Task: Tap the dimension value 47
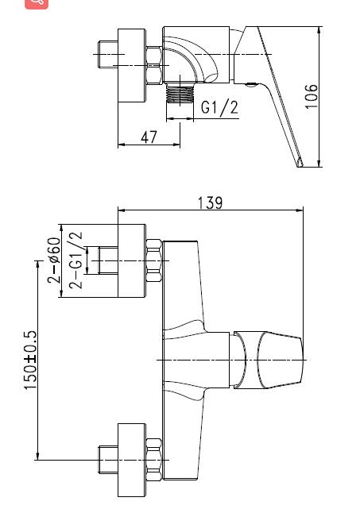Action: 149,137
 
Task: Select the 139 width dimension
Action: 210,202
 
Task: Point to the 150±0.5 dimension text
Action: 30,361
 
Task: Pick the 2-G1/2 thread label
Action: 76,260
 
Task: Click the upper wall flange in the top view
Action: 132,260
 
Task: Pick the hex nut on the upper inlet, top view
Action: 154,260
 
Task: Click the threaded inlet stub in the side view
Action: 106,54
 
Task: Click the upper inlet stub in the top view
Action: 106,260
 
